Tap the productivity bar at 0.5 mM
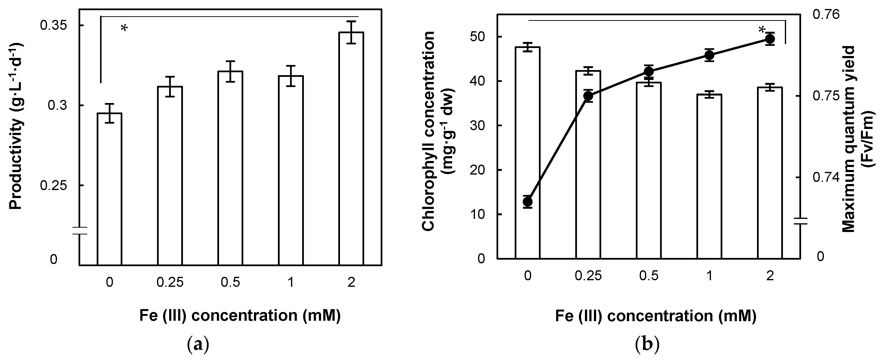[230, 168]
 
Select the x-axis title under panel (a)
[240, 315]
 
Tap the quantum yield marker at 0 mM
[528, 202]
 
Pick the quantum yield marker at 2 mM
[770, 40]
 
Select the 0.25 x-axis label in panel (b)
[588, 276]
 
